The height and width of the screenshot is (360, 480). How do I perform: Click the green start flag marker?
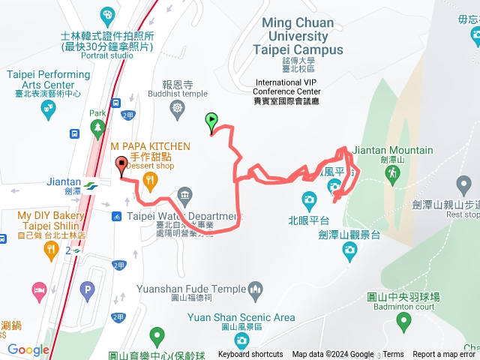tap(212, 120)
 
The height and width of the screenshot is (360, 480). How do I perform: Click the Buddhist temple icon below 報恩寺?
tap(177, 109)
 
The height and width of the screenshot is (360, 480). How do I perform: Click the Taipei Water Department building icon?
tap(184, 198)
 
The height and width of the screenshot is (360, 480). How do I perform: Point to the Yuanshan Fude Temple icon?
tap(255, 289)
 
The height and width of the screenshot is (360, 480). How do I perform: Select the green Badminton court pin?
tap(404, 322)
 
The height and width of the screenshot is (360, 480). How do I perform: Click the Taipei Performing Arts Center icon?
tap(48, 109)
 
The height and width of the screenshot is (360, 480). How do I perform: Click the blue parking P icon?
tap(88, 287)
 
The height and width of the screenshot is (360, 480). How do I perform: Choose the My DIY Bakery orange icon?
tap(51, 250)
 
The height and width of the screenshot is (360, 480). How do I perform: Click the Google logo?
tap(28, 349)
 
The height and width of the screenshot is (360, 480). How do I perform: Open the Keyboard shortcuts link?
tap(250, 355)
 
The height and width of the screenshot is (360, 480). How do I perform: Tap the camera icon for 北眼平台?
tap(308, 200)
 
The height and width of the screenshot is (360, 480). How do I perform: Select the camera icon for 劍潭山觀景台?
tap(349, 253)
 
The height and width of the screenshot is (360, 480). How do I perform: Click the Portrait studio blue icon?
tap(107, 15)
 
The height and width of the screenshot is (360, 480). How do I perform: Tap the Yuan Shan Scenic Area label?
tap(241, 317)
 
